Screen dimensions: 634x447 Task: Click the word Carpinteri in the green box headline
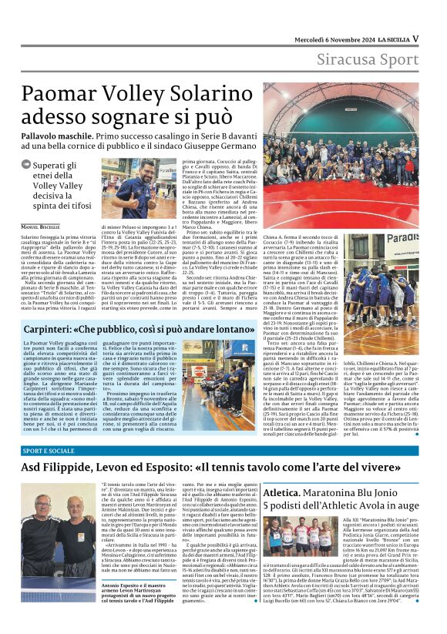(x=59, y=329)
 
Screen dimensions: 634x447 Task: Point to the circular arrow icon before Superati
(x=28, y=163)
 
